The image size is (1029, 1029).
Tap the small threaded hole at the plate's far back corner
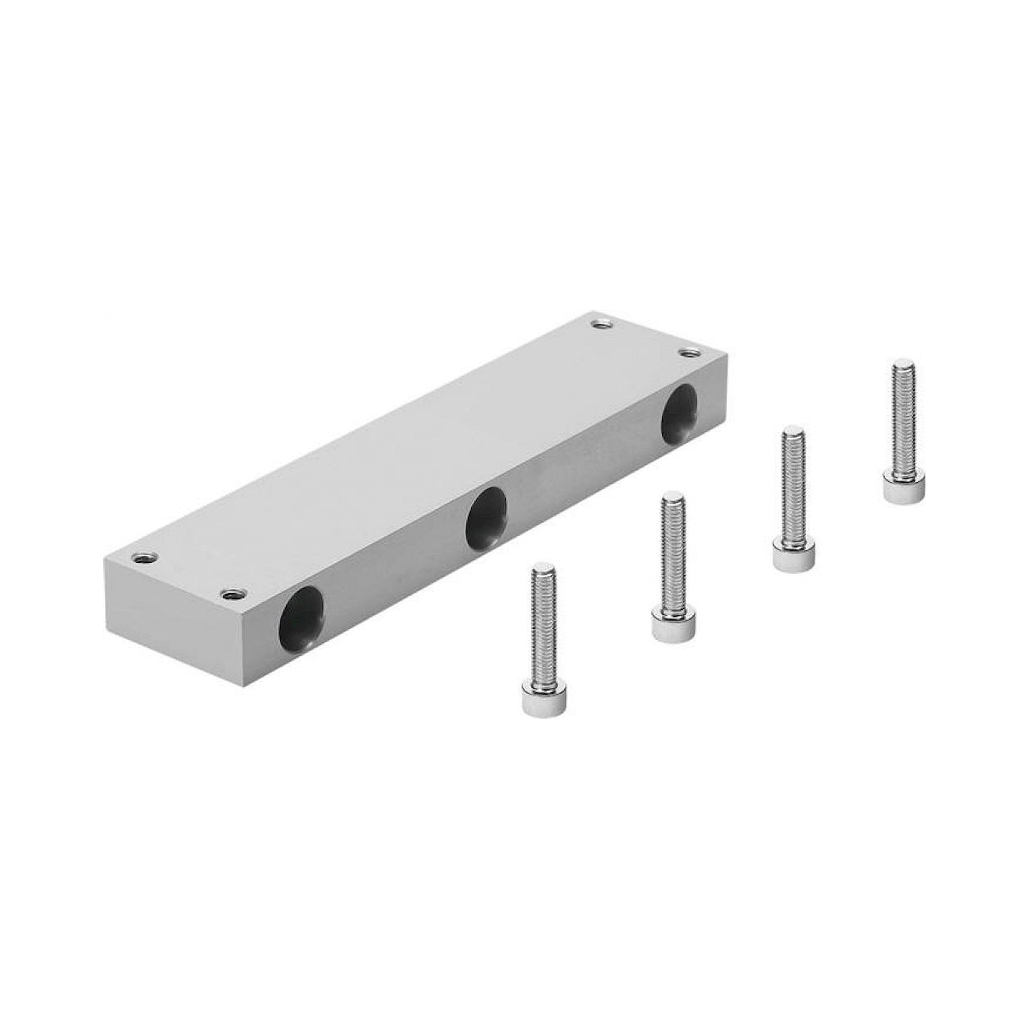(x=602, y=323)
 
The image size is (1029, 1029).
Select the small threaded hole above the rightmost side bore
(x=690, y=352)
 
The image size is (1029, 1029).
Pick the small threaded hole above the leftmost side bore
(x=232, y=593)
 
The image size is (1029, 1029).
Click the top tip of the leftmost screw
(x=544, y=569)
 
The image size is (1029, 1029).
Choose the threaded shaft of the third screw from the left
(x=793, y=487)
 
